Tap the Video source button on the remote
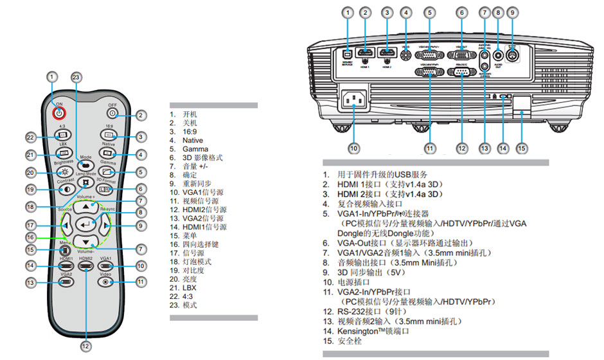(x=106, y=282)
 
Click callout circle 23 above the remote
(x=76, y=78)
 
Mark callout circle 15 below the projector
(x=522, y=148)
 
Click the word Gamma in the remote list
(x=195, y=149)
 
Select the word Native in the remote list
(x=193, y=140)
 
